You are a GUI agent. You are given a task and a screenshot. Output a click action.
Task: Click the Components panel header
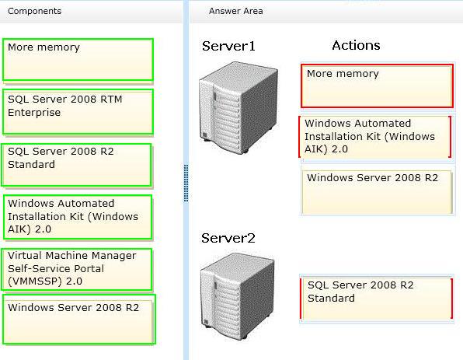(34, 11)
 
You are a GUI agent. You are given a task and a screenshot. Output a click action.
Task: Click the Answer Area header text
(235, 11)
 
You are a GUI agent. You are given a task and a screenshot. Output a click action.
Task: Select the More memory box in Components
(78, 59)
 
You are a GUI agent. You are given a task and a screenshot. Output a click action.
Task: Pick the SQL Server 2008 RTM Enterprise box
(78, 112)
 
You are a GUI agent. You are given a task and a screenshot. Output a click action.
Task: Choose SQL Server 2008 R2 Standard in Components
(76, 165)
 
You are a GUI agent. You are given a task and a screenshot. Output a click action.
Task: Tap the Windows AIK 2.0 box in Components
(78, 217)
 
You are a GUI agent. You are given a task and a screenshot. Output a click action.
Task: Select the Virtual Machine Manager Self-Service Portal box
(77, 270)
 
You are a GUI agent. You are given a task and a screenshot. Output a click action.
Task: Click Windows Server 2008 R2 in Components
(79, 320)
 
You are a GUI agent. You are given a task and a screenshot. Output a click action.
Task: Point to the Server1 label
(228, 46)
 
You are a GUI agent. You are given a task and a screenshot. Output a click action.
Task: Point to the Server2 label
(228, 238)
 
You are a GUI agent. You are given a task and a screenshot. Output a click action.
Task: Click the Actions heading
(356, 46)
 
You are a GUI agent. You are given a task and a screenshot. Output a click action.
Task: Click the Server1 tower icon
(238, 107)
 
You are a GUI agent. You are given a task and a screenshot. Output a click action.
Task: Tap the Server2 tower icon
(238, 296)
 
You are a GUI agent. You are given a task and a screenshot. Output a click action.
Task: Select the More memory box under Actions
(377, 86)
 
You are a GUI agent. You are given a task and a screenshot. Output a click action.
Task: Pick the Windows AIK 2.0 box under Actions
(375, 137)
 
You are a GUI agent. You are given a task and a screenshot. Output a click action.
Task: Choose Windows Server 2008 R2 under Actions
(377, 191)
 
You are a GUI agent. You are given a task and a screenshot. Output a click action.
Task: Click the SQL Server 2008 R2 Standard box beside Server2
(376, 299)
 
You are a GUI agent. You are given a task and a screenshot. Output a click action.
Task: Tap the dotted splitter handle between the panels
(186, 183)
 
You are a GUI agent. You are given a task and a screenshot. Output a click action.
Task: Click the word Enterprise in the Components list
(34, 113)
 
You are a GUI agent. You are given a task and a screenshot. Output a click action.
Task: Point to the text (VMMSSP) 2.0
(45, 281)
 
